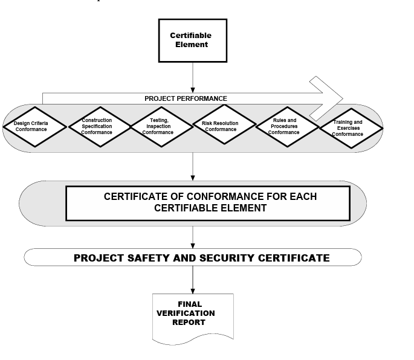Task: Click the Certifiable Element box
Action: [x=192, y=40]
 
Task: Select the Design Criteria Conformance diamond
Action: [x=31, y=126]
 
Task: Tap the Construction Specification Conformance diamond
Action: [x=97, y=126]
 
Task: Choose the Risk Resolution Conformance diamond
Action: [x=224, y=126]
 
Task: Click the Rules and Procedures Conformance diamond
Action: [x=283, y=126]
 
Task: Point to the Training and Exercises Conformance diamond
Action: [x=348, y=128]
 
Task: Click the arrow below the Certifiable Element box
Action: [x=192, y=77]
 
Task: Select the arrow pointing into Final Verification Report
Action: [x=192, y=279]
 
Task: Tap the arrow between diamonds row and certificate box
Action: [x=192, y=166]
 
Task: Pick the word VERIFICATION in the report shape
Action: [x=186, y=313]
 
